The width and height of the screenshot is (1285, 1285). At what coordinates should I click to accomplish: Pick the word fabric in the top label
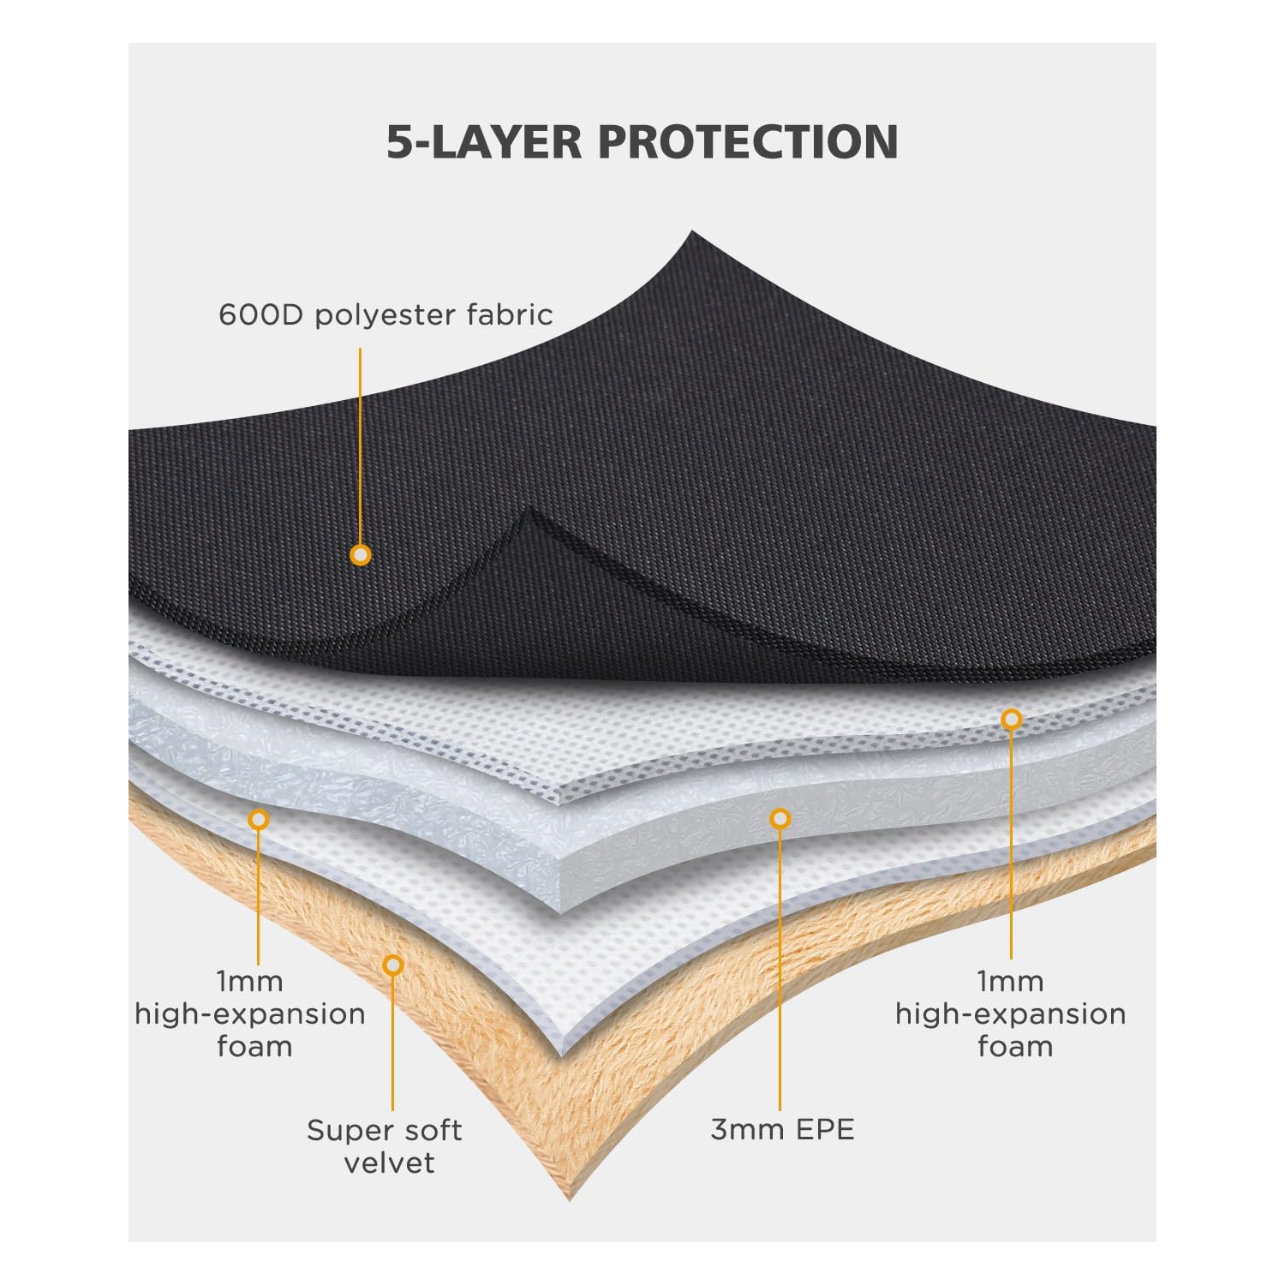tap(510, 315)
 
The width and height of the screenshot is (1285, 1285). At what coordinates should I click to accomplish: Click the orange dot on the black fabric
tap(361, 555)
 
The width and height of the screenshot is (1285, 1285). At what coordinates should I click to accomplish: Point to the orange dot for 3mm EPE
tap(780, 819)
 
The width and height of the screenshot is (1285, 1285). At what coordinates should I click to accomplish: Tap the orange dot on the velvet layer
tap(393, 965)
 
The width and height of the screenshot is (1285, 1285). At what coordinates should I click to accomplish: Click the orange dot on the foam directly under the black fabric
tap(1012, 720)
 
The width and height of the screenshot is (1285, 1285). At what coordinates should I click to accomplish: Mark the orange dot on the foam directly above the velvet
tap(258, 820)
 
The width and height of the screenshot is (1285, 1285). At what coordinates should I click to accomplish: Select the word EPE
tap(824, 1130)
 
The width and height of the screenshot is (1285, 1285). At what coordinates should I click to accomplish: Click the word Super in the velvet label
tap(343, 1131)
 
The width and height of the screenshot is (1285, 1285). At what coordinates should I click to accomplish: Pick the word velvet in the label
tap(389, 1163)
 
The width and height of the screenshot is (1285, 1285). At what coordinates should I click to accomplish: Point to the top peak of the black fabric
tap(692, 233)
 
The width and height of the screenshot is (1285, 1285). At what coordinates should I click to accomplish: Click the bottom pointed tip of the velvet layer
tap(570, 1198)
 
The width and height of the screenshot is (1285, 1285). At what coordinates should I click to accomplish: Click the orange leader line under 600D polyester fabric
tap(360, 445)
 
